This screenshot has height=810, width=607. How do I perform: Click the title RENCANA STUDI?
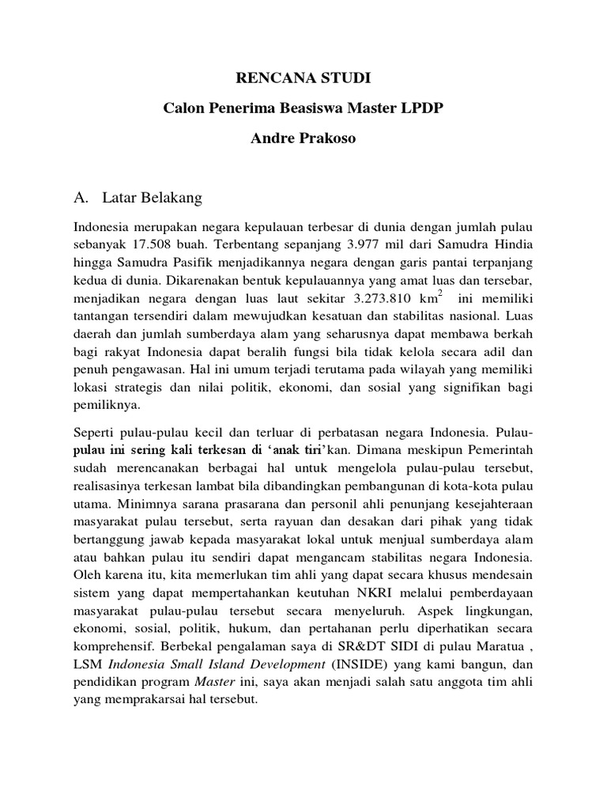(303, 79)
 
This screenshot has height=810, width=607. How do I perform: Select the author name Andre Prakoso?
(303, 139)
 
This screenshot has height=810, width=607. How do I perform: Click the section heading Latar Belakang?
(159, 196)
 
